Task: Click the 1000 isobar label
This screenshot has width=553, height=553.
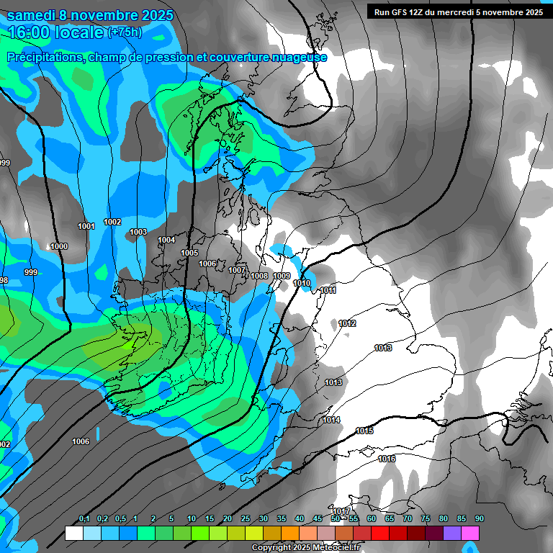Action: coord(59,246)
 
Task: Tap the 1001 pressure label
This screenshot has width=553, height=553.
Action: coord(86,226)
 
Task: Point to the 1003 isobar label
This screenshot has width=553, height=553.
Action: coord(138,232)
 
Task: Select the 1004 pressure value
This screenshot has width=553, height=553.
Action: coord(166,240)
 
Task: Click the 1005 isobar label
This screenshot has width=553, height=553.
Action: coord(189,253)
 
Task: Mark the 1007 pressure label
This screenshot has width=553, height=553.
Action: coord(237,270)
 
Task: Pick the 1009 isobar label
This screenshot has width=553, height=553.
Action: coord(282,276)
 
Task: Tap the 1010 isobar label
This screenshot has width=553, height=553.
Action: coord(302,283)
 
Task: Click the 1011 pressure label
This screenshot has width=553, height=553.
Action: coord(328,290)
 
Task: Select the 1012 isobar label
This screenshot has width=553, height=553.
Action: coord(347,323)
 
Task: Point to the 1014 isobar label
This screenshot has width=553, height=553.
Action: coord(331,420)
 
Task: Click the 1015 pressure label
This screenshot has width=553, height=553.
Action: coord(364,431)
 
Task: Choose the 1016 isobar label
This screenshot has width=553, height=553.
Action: coord(387,459)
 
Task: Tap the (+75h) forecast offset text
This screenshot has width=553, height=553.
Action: coord(125,32)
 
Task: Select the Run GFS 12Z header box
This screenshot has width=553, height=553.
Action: coord(458,12)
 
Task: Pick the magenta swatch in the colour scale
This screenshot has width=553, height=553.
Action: coord(470,533)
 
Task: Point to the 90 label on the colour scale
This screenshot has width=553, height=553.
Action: coord(479,519)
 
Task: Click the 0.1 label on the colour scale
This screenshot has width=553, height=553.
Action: coord(84,519)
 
